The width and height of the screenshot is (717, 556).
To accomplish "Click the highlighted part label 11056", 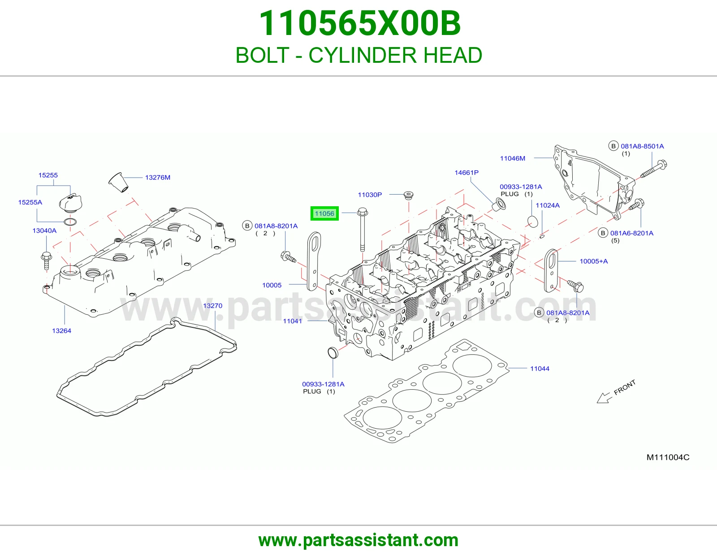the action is coord(324,213).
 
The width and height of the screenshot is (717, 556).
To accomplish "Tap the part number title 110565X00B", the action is coord(360,23).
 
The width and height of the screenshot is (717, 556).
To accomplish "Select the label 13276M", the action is coord(158,178).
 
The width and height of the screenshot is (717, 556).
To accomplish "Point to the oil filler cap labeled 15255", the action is coord(70,202).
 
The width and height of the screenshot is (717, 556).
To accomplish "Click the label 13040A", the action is coord(44,231).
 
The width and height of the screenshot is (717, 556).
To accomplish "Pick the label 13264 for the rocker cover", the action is coord(62,331).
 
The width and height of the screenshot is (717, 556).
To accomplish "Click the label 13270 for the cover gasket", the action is coord(212,306).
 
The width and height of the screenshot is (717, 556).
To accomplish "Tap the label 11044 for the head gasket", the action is coord(540,369).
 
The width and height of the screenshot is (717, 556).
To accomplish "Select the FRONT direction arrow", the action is coord(605,398).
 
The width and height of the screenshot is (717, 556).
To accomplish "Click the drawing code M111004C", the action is coord(668,457).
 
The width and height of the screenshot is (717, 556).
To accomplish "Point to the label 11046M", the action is coord(513,158).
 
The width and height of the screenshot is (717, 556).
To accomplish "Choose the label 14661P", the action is coord(466,173).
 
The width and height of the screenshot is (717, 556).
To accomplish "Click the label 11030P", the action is coord(370,195).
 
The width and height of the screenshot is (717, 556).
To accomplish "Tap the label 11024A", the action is coord(548,205).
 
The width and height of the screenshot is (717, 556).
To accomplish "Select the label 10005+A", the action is coord(594,261).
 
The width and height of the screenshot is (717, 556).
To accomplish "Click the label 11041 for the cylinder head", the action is coord(292,321).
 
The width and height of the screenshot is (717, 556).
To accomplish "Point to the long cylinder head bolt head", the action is coord(362,211).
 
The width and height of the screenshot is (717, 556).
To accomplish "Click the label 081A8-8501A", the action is coord(642,146).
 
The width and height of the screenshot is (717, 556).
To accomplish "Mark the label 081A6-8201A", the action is coord(631,233).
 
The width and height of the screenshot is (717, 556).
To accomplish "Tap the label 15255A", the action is coord(30,202).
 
